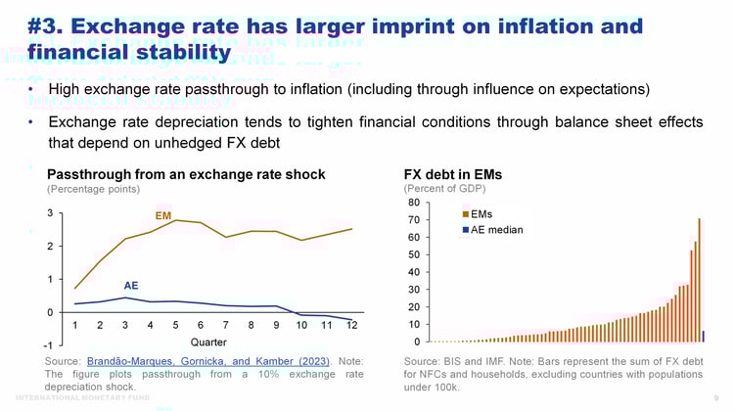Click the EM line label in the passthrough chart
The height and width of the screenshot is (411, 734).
(x=164, y=213)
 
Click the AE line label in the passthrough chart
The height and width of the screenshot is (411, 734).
(x=130, y=287)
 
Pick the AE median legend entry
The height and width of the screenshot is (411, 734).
(x=496, y=230)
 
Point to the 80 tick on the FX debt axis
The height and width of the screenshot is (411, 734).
(x=413, y=203)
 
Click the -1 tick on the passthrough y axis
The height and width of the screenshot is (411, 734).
(x=48, y=346)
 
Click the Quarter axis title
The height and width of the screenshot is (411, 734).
(x=208, y=342)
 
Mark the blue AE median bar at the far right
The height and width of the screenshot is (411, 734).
(x=704, y=336)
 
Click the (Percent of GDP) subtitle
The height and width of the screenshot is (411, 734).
(x=444, y=188)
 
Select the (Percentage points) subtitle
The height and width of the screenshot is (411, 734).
(x=90, y=188)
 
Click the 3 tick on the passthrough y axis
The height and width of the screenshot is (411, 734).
(x=49, y=212)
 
